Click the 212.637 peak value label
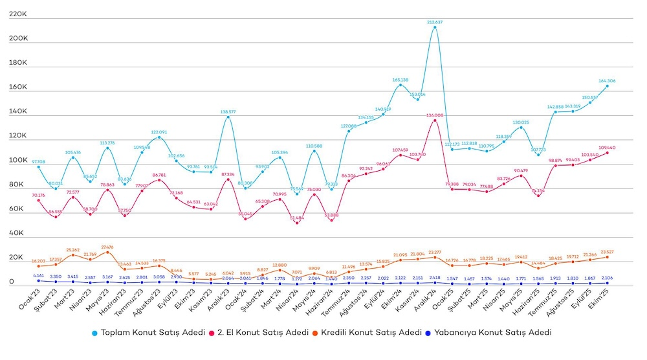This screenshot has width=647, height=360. (x=435, y=22)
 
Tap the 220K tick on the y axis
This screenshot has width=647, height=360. (x=19, y=14)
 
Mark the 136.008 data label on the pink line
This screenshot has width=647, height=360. (x=435, y=115)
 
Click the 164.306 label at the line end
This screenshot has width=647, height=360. (x=607, y=81)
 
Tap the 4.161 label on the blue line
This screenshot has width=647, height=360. (x=39, y=276)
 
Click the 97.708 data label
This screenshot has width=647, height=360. (x=39, y=162)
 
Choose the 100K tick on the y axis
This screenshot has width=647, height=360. (x=19, y=160)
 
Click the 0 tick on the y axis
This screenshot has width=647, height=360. (x=12, y=282)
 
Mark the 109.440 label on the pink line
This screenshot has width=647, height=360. (x=607, y=148)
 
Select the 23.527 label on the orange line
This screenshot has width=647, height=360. (x=607, y=252)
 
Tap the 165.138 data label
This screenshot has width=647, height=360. (x=400, y=80)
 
